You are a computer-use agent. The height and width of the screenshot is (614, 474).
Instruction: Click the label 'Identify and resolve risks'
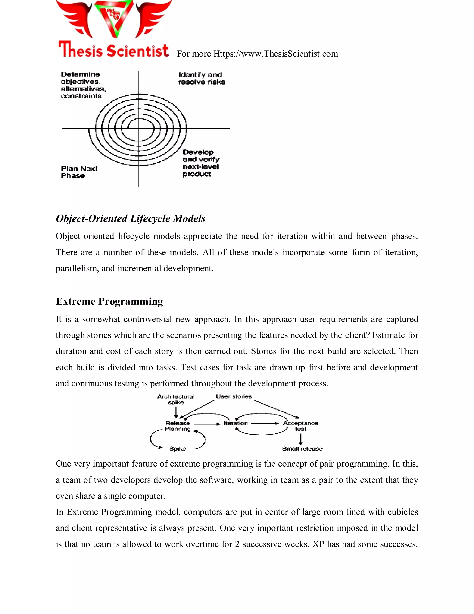tap(201, 79)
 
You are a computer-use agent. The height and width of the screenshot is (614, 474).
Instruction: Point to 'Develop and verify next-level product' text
tap(200, 163)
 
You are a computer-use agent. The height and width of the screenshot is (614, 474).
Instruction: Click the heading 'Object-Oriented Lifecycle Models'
tap(131, 218)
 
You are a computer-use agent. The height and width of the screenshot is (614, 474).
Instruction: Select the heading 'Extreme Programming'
tap(109, 301)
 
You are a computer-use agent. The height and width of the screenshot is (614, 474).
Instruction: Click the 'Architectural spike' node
tap(176, 399)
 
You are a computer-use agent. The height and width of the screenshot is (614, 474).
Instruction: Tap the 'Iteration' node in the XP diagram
tap(236, 423)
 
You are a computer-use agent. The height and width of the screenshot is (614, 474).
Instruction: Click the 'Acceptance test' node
tap(300, 426)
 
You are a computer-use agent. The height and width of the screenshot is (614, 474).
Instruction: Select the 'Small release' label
tap(302, 449)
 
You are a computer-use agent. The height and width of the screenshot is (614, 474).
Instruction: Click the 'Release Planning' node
tap(178, 426)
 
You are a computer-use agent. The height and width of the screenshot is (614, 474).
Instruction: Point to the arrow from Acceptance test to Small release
tap(301, 439)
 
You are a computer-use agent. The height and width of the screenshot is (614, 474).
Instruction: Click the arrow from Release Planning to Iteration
tap(207, 424)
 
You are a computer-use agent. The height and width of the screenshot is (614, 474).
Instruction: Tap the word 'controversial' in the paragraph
tap(147, 319)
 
